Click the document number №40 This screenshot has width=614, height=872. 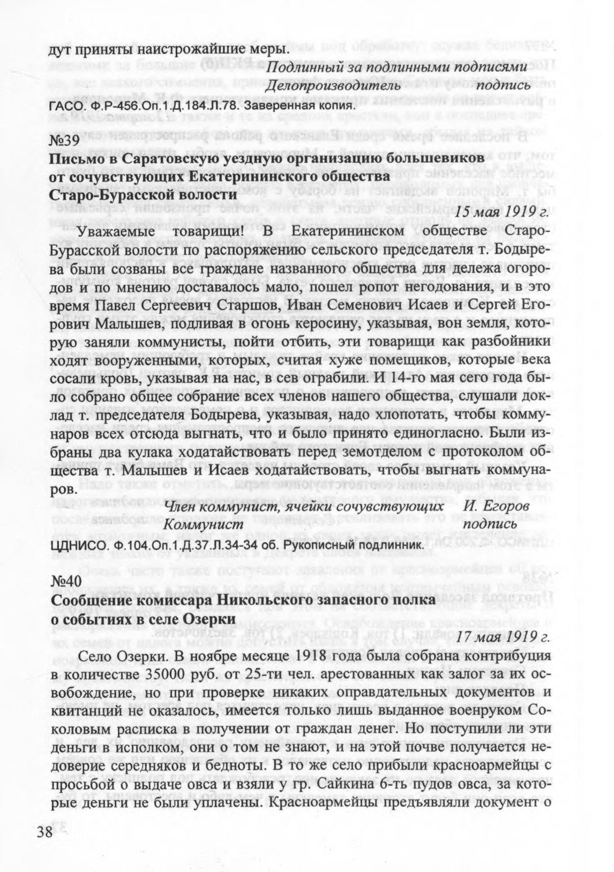point(65,582)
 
